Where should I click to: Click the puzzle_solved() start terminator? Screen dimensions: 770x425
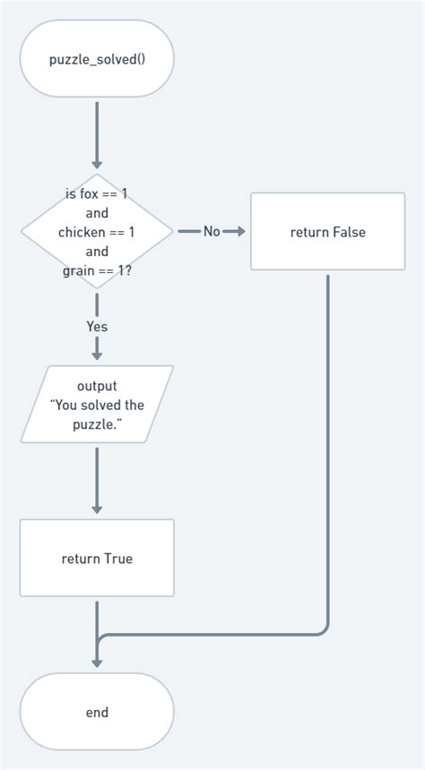click(x=97, y=59)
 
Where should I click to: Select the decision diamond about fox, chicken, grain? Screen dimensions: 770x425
click(x=97, y=232)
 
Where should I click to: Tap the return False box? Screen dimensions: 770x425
click(x=327, y=232)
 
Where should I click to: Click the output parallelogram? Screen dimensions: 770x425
click(x=97, y=405)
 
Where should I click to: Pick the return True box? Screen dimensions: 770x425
click(x=97, y=559)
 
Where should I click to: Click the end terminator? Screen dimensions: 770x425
click(x=97, y=713)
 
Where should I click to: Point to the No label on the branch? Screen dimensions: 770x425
click(x=212, y=232)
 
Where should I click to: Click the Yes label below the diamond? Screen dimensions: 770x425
click(x=97, y=326)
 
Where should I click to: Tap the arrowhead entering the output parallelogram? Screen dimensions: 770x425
click(x=97, y=355)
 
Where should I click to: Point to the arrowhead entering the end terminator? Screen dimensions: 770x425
click(x=97, y=663)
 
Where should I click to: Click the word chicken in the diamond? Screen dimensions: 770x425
click(x=82, y=233)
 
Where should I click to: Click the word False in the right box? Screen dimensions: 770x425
click(x=349, y=232)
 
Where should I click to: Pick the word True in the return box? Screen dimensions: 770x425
click(x=118, y=559)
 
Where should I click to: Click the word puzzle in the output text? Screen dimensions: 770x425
click(x=95, y=423)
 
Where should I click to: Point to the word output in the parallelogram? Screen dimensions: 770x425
click(x=97, y=386)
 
